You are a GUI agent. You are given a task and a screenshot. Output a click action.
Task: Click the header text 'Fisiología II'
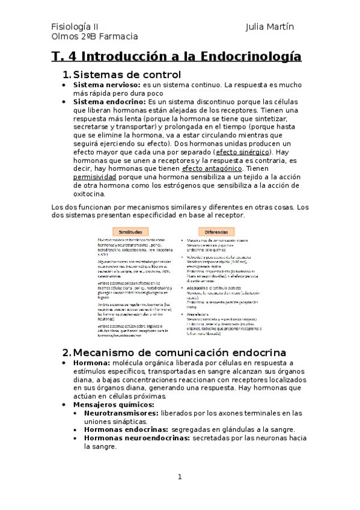pos(75,27)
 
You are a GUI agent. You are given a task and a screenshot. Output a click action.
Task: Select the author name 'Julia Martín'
pos(270,27)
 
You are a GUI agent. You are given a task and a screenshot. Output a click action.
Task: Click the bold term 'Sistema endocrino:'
pos(109,102)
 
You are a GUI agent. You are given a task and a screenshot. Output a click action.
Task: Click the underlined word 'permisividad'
pos(94,177)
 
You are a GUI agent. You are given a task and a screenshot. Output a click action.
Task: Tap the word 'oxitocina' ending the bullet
pos(88,194)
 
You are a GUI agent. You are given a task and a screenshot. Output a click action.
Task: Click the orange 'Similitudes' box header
pos(130,232)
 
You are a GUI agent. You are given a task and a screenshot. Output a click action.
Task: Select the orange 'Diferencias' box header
pos(216,232)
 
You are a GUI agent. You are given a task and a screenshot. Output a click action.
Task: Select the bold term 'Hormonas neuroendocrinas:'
pos(136,438)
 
